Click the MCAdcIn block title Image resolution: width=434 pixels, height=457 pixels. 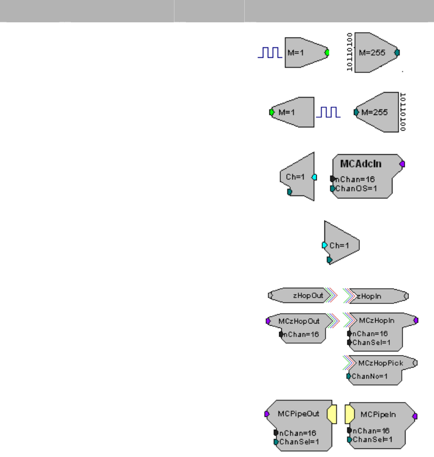pyautogui.click(x=361, y=163)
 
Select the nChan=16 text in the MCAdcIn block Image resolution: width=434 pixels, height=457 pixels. pyautogui.click(x=354, y=179)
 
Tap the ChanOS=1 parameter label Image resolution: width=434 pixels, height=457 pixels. pyautogui.click(x=357, y=188)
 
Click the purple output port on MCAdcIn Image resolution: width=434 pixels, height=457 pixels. pyautogui.click(x=402, y=163)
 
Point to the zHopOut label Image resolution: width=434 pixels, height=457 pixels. pyautogui.click(x=308, y=296)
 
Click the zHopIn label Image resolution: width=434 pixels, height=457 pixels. pyautogui.click(x=370, y=296)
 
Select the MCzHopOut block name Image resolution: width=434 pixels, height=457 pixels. pyautogui.click(x=299, y=321)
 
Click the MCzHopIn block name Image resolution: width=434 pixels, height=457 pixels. pyautogui.click(x=377, y=321)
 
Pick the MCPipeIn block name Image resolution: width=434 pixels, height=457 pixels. pyautogui.click(x=378, y=414)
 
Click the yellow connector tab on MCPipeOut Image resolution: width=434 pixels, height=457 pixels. pyautogui.click(x=331, y=414)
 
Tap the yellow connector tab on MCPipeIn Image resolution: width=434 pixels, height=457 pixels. pyautogui.click(x=350, y=414)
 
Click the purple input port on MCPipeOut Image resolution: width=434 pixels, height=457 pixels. pyautogui.click(x=267, y=414)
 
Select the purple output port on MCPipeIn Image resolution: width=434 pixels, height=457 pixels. pyautogui.click(x=415, y=416)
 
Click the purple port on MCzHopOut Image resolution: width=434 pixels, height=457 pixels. pyautogui.click(x=268, y=321)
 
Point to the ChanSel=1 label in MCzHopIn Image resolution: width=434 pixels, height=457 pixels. pyautogui.click(x=370, y=343)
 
